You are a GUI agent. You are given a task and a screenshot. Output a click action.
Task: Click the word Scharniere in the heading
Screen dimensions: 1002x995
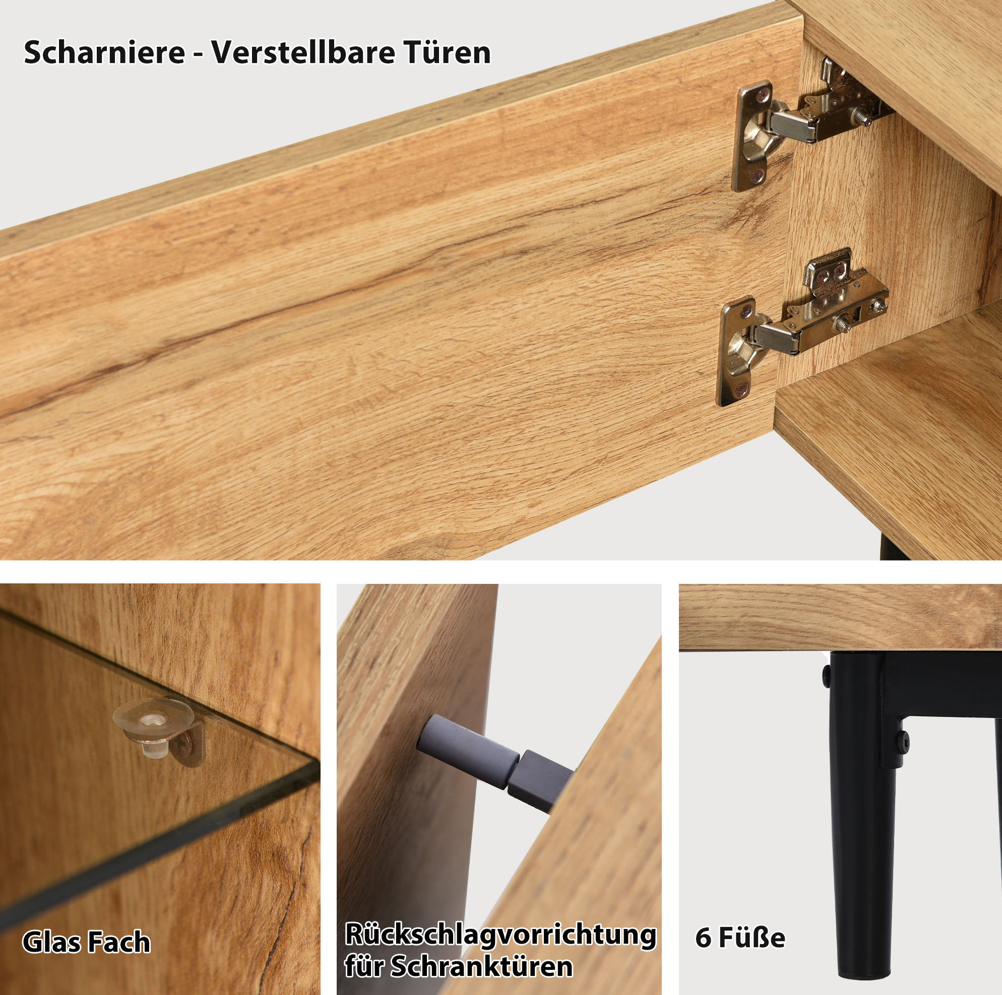pos(104,53)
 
